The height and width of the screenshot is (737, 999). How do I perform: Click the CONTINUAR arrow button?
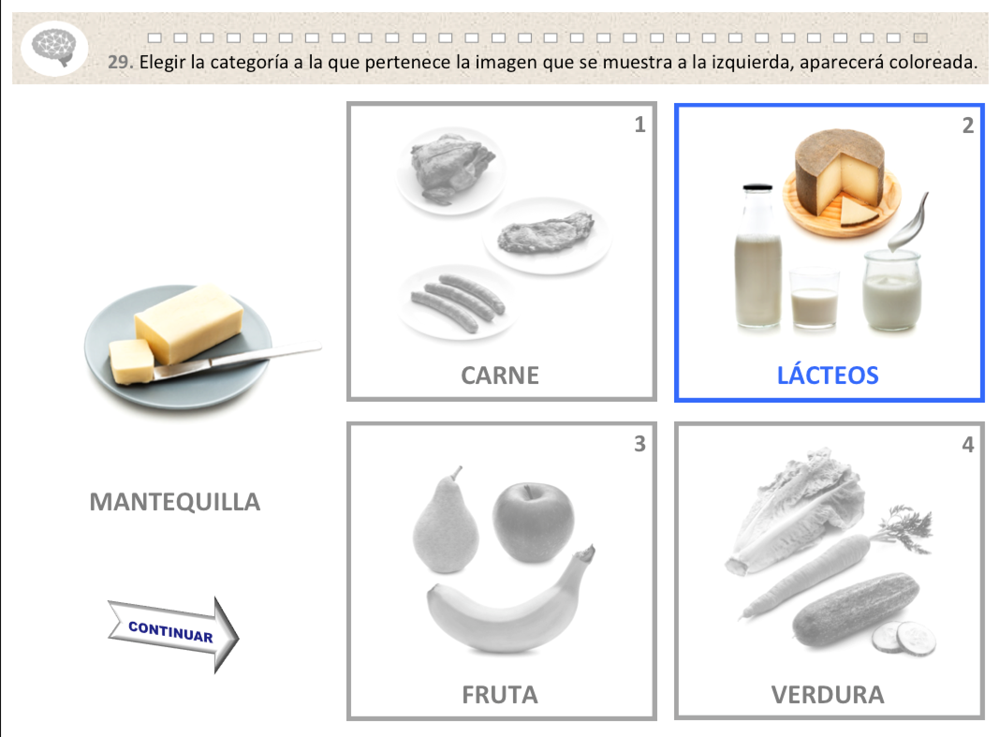tap(173, 634)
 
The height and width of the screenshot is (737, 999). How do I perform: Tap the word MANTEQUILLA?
tap(175, 501)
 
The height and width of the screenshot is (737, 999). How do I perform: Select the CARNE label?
tap(499, 375)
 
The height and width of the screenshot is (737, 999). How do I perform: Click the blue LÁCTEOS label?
tap(828, 375)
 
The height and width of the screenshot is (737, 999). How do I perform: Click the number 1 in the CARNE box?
tap(639, 125)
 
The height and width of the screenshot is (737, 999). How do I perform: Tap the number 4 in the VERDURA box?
tap(968, 444)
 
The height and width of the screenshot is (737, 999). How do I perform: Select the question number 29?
tap(120, 62)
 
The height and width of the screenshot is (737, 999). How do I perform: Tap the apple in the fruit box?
tap(533, 523)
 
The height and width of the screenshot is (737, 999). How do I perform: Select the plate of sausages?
tap(456, 302)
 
